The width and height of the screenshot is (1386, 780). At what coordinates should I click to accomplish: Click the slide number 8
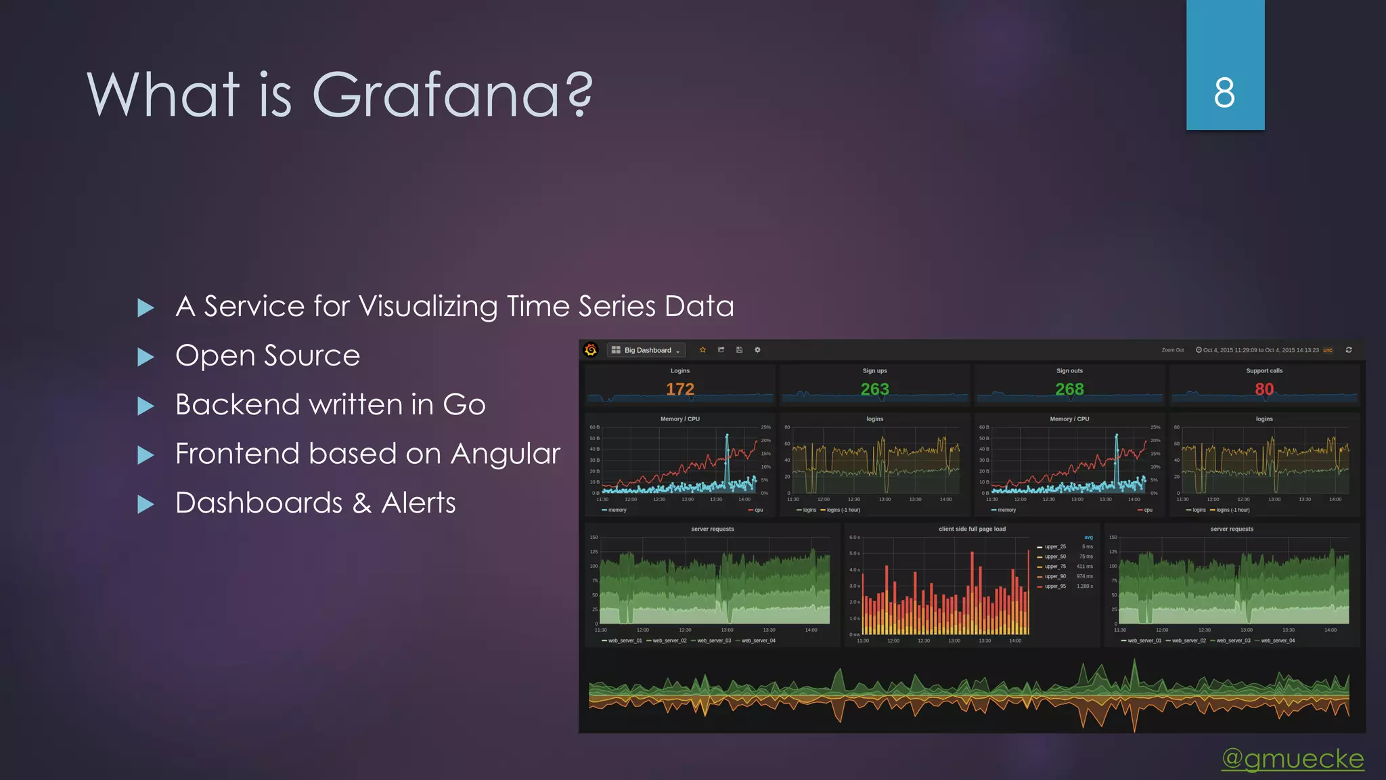pos(1224,93)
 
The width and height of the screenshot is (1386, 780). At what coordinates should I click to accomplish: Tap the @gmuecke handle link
pos(1293,758)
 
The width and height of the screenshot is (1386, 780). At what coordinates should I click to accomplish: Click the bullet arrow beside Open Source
pos(146,357)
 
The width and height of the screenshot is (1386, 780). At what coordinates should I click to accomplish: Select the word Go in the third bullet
pos(464,405)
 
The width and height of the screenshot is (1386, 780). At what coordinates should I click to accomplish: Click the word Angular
pos(505,454)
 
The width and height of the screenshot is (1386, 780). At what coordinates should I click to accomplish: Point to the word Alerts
pos(418,503)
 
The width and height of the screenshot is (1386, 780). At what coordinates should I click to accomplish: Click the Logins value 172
pos(679,389)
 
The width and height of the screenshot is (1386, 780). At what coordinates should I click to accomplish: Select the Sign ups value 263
pos(874,389)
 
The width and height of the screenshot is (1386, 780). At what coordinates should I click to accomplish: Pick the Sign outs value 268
pos(1069,389)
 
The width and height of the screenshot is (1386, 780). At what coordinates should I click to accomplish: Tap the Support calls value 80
pos(1264,389)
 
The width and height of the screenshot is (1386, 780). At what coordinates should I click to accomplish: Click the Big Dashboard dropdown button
pos(646,350)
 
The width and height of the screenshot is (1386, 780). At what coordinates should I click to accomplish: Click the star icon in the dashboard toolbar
pos(702,350)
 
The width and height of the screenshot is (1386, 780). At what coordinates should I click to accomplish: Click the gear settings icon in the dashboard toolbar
pos(757,350)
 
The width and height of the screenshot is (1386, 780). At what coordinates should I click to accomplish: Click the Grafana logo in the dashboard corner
pos(591,349)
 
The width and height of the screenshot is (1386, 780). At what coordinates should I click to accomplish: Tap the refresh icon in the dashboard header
pos(1349,350)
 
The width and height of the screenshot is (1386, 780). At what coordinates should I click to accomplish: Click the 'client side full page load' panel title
pos(972,529)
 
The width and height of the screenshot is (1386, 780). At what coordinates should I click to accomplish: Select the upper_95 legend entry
pos(1054,586)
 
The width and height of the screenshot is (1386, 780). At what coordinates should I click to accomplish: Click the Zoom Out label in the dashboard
pos(1172,350)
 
